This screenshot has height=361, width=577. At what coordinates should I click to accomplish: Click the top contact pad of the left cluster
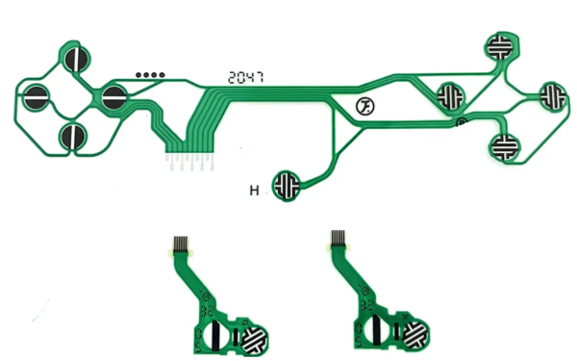click(76, 58)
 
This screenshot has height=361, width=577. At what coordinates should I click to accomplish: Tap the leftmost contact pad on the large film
click(36, 97)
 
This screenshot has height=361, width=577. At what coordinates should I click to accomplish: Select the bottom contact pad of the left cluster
click(73, 137)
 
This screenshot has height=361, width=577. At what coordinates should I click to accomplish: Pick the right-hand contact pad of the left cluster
click(113, 96)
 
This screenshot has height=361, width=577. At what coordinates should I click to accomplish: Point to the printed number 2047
click(244, 77)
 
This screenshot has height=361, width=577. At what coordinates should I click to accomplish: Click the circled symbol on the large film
click(365, 106)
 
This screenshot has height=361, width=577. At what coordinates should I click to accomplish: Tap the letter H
click(255, 191)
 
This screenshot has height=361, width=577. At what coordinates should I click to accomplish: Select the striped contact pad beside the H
click(287, 184)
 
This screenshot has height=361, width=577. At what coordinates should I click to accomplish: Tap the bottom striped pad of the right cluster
click(504, 146)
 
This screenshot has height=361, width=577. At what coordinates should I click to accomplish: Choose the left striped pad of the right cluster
click(450, 96)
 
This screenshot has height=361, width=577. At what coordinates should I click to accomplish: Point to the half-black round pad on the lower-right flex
click(376, 334)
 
